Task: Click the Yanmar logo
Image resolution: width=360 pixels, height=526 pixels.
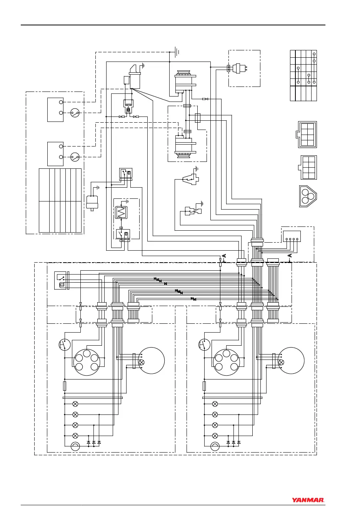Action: tap(308, 500)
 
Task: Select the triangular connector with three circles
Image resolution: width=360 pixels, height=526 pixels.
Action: tap(307, 196)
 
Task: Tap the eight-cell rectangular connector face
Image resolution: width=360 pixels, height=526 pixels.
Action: tap(307, 135)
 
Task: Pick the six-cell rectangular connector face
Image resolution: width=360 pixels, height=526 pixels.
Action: tap(308, 167)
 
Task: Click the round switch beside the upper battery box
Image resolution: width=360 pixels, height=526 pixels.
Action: tap(75, 113)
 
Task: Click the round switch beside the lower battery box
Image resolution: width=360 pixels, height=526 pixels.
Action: tap(75, 157)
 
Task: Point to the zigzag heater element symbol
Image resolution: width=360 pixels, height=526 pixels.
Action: tap(122, 212)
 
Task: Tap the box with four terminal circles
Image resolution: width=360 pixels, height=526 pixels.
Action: tap(292, 236)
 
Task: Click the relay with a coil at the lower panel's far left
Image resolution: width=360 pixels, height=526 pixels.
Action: tap(61, 281)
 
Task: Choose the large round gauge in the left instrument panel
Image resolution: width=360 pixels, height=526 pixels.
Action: tap(152, 360)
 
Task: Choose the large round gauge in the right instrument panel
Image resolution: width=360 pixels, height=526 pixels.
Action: tap(291, 360)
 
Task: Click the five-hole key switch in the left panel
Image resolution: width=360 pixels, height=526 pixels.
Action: tap(87, 362)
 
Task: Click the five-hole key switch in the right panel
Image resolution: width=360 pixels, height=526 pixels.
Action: tap(227, 362)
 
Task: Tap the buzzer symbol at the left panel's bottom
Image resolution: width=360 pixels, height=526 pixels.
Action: tap(75, 446)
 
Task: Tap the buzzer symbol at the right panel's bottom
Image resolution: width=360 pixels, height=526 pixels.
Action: tap(215, 446)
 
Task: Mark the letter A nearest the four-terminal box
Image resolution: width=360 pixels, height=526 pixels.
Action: tap(290, 256)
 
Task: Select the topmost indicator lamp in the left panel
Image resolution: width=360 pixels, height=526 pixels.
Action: tap(75, 404)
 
